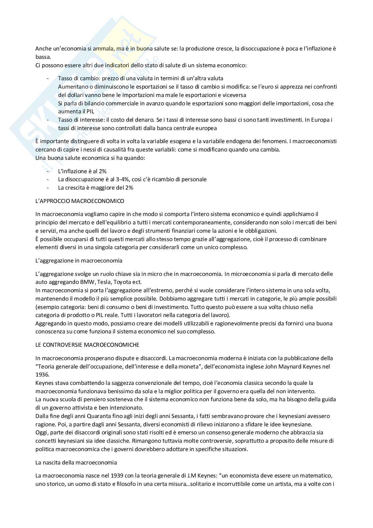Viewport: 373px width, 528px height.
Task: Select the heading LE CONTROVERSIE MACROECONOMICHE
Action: pyautogui.click(x=87, y=344)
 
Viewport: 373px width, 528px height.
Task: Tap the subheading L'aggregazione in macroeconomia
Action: pyautogui.click(x=79, y=260)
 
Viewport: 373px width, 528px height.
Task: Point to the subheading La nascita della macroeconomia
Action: pyautogui.click(x=76, y=462)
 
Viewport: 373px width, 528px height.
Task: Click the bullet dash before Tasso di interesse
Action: pyautogui.click(x=48, y=120)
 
